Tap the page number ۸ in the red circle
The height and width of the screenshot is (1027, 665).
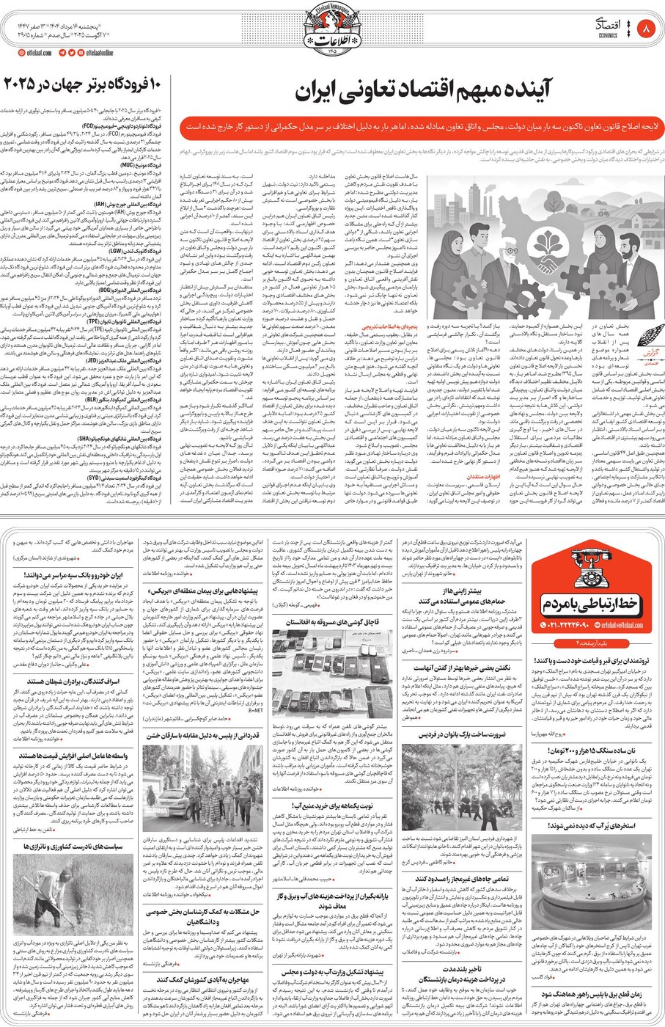646,29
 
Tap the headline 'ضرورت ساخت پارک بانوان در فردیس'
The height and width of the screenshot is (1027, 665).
462,734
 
